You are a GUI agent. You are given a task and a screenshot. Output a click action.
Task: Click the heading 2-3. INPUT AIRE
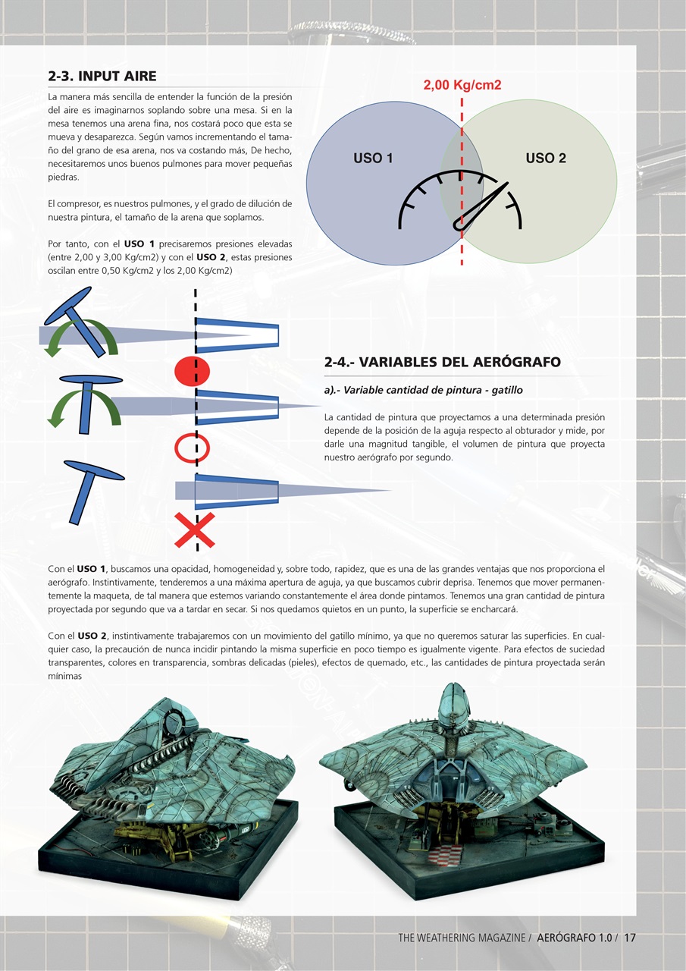pos(102,76)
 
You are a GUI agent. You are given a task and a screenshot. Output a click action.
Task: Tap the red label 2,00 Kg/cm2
pos(462,85)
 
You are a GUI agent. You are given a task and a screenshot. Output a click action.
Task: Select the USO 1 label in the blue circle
pos(373,159)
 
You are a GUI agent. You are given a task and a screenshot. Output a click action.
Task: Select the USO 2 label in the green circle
pos(546,159)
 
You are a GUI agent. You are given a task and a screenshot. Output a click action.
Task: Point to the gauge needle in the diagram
pos(481,205)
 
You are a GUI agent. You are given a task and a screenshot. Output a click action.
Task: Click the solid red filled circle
pos(193,371)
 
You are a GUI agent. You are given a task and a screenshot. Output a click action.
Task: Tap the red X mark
pos(194,529)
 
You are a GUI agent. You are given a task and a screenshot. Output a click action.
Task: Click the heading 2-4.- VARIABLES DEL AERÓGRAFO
pos(442,362)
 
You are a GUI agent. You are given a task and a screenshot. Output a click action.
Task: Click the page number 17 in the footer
pos(630,938)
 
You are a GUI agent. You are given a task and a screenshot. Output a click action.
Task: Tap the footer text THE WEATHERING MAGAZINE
pos(462,938)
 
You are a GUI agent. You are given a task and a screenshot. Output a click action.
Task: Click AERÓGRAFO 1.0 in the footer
pos(574,938)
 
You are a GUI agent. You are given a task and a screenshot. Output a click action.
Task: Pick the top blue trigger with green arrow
pos(76,319)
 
